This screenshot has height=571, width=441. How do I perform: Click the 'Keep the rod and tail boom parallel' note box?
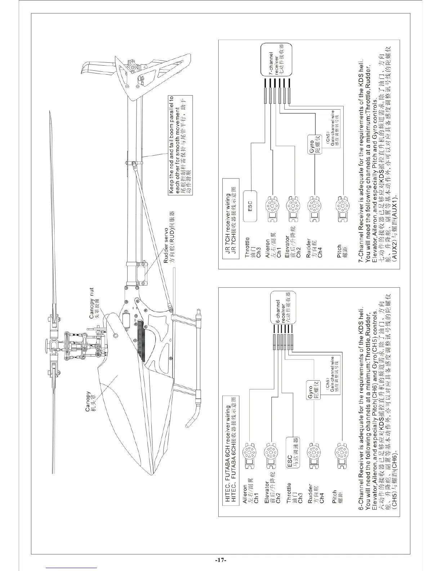180,145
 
